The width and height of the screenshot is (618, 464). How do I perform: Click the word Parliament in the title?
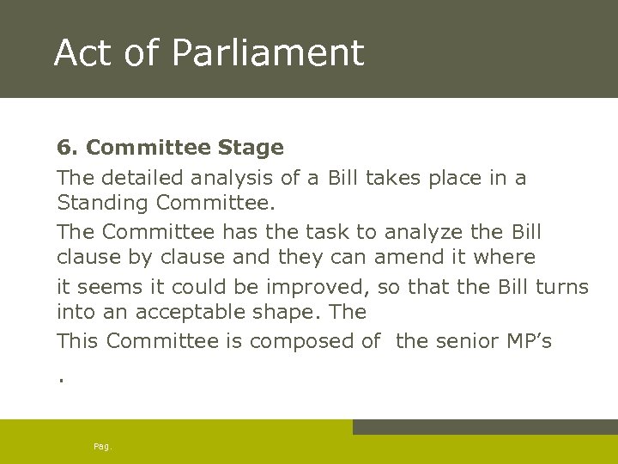click(x=268, y=52)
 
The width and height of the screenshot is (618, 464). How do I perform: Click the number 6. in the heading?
click(x=68, y=148)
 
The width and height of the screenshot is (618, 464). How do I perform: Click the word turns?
click(x=562, y=286)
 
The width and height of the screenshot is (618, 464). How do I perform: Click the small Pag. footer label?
click(x=102, y=447)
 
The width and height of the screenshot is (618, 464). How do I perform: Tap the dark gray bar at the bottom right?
click(x=485, y=427)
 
